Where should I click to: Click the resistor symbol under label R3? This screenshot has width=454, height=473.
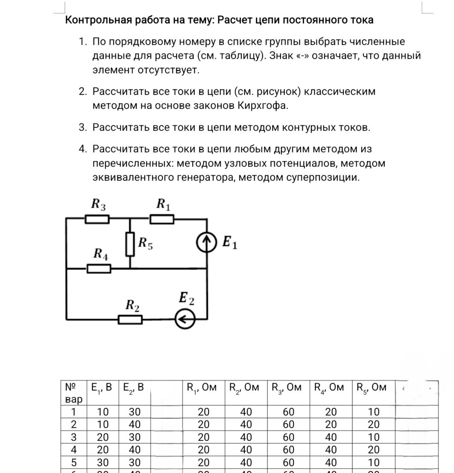click(97, 219)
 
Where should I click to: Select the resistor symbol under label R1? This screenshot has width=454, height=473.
click(162, 219)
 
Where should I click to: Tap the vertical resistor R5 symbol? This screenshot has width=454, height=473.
click(130, 245)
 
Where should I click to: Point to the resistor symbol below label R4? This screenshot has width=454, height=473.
click(99, 269)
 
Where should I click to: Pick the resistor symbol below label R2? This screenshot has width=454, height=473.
click(130, 320)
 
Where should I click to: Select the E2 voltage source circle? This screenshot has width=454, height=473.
click(185, 319)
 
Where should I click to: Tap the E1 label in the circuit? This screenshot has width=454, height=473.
click(229, 242)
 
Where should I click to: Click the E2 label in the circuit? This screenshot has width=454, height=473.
click(186, 298)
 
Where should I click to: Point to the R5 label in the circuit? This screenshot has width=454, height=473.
click(145, 243)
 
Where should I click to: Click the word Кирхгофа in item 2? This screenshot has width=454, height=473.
click(262, 106)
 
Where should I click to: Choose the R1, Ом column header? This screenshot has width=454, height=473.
click(202, 387)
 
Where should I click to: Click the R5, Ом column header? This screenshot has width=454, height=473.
click(371, 387)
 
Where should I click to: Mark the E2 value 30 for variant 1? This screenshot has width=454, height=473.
click(134, 412)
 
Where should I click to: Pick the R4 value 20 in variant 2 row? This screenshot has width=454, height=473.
click(331, 424)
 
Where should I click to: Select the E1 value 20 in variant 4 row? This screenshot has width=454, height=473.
click(103, 450)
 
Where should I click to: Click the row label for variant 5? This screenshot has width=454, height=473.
click(73, 462)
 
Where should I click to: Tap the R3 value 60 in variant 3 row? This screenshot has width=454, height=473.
click(288, 437)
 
